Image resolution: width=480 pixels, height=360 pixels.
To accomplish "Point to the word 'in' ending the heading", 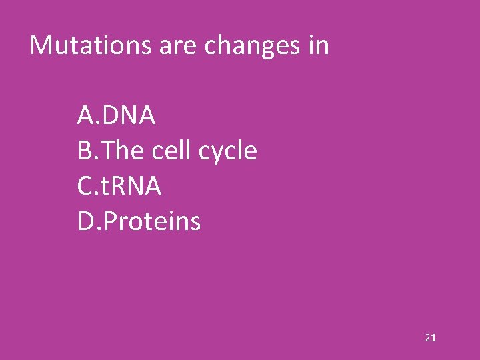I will click(318, 45).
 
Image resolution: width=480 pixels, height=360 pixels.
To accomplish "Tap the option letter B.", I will click(85, 151).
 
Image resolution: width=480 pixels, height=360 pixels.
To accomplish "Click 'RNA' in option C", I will click(137, 187).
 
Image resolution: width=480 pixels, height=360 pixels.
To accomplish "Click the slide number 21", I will click(430, 338).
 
